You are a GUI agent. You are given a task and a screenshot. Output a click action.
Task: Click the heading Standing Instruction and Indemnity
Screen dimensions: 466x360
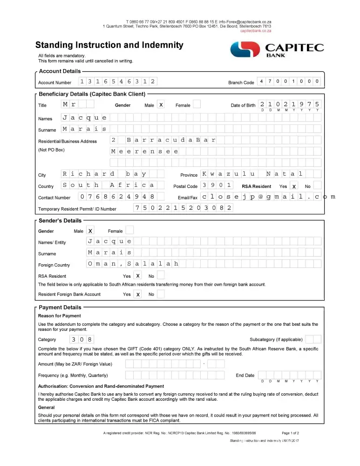point(109,45)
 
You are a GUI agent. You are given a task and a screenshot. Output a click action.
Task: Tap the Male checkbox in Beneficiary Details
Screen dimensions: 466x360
point(161,105)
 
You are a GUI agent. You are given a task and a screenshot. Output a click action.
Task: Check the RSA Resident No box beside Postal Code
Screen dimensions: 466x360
point(317,185)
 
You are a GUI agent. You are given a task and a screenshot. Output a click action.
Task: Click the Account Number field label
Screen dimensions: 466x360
point(55,82)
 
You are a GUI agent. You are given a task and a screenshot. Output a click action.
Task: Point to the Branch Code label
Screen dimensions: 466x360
point(241,82)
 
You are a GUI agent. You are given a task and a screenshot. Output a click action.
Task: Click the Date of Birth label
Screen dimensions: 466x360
point(243,105)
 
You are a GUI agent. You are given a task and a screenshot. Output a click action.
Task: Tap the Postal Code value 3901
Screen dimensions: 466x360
point(217,185)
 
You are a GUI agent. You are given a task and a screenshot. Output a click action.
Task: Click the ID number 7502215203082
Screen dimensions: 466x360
point(183,208)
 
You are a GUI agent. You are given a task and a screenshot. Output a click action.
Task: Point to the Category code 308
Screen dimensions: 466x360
point(82,339)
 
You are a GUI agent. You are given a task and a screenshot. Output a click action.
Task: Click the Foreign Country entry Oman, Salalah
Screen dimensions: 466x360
point(133,264)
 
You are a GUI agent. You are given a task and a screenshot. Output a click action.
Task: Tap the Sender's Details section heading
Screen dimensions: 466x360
point(60,220)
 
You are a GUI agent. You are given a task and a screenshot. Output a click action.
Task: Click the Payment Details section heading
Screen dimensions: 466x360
point(60,307)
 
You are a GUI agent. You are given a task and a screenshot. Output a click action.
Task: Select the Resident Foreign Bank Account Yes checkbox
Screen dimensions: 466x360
point(138,295)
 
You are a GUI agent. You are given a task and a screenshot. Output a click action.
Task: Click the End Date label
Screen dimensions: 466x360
point(245,375)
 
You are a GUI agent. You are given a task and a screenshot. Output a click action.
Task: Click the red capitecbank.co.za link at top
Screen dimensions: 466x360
point(256,31)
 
